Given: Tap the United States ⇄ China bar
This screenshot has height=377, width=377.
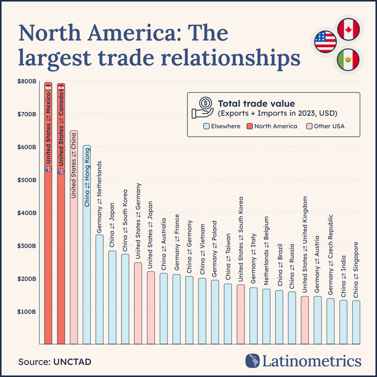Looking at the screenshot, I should point(74,249).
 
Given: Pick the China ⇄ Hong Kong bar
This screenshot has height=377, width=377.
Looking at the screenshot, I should point(86,249).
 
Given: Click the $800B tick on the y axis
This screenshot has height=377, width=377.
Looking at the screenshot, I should point(27,81).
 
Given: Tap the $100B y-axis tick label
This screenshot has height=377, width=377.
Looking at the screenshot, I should point(27,311).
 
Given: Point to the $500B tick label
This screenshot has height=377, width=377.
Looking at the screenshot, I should point(27,180).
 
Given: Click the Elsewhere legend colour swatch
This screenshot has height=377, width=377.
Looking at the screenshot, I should point(206,126).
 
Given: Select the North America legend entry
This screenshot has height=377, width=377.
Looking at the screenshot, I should point(276,126).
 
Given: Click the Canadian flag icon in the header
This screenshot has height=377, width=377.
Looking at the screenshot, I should point(348,29).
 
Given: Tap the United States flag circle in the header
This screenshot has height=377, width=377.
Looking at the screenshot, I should point(325,42).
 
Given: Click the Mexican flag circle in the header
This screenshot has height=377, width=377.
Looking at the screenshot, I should point(348,58).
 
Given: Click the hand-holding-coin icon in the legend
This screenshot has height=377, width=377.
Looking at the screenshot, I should point(203,107).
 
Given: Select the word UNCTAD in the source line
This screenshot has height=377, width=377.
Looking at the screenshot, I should point(72,361).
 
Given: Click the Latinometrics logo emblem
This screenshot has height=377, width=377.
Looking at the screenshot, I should point(254,361).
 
